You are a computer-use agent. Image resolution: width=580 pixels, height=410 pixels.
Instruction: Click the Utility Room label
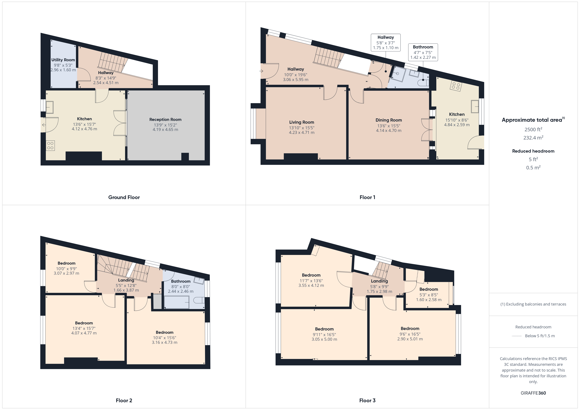pos(63,60)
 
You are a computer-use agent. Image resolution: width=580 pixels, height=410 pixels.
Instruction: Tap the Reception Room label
pos(165,119)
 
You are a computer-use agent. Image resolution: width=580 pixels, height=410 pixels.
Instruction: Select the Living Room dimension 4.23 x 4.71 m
pos(302,132)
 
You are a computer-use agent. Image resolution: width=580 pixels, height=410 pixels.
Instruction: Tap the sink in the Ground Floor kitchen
pos(49,107)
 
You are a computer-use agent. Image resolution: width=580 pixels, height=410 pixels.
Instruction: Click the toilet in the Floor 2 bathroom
pos(199,300)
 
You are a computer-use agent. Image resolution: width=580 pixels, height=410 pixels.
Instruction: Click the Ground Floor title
pos(124,197)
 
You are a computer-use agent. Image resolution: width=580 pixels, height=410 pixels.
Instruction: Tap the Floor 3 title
pos(367,400)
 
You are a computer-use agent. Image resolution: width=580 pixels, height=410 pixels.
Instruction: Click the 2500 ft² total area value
pos(533,129)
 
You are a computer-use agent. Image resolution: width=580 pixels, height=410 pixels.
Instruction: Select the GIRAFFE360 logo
pos(533,393)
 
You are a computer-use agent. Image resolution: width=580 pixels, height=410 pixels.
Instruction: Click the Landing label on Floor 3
pos(379,281)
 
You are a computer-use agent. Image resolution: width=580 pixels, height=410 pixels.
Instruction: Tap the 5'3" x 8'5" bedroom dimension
pos(429,295)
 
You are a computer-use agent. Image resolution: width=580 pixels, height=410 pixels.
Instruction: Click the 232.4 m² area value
pos(533,138)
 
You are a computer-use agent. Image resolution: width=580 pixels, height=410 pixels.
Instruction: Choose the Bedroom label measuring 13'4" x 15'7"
pos(84,323)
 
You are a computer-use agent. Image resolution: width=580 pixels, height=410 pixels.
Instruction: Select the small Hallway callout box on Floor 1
pos(386,42)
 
